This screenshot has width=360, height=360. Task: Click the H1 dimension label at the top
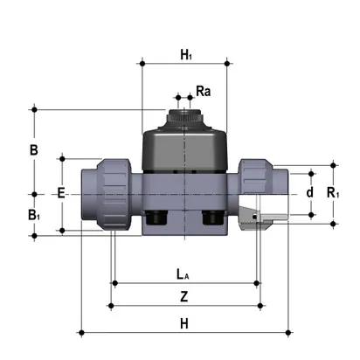pyautogui.click(x=186, y=55)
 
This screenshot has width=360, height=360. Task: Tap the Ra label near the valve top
pyautogui.click(x=203, y=91)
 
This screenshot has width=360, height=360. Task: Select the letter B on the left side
pyautogui.click(x=33, y=150)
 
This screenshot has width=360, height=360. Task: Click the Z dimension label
pyautogui.click(x=183, y=297)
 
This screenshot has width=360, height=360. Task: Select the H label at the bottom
pyautogui.click(x=183, y=323)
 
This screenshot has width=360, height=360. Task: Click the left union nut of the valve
pyautogui.click(x=114, y=194)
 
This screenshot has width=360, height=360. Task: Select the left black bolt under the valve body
pyautogui.click(x=157, y=218)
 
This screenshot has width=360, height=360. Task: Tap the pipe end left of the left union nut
pyautogui.click(x=90, y=194)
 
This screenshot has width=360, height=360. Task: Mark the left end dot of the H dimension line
pyautogui.click(x=80, y=332)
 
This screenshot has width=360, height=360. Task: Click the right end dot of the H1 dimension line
pyautogui.click(x=229, y=64)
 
